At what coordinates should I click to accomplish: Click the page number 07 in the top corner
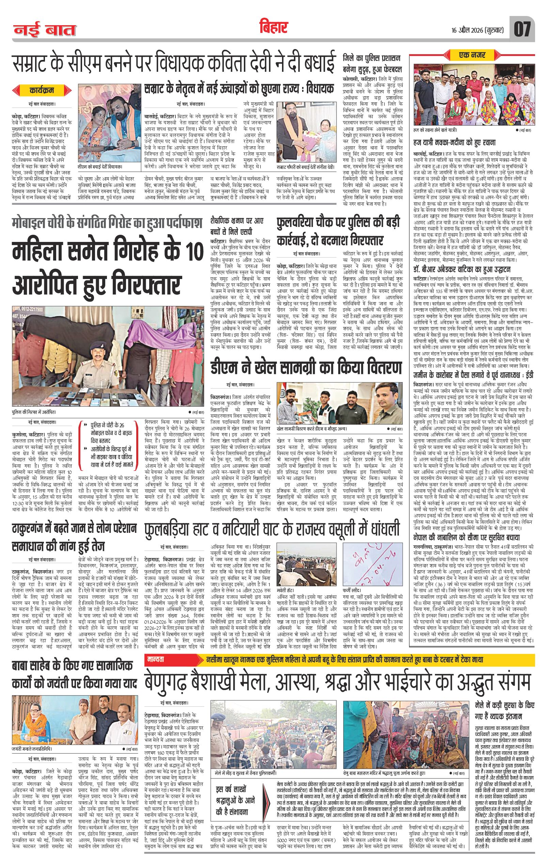coord(522,30)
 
